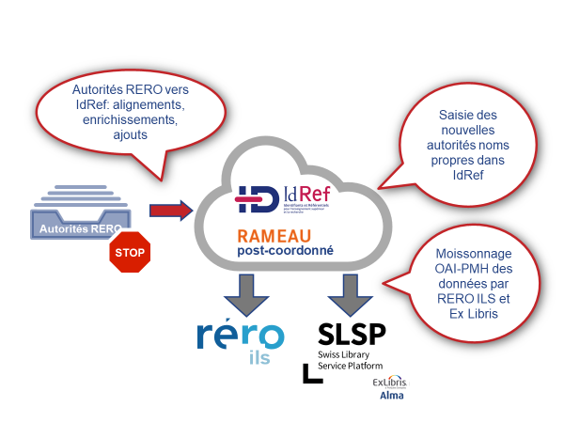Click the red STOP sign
130,253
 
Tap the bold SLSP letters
352,336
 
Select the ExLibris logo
392,384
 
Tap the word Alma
392,398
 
